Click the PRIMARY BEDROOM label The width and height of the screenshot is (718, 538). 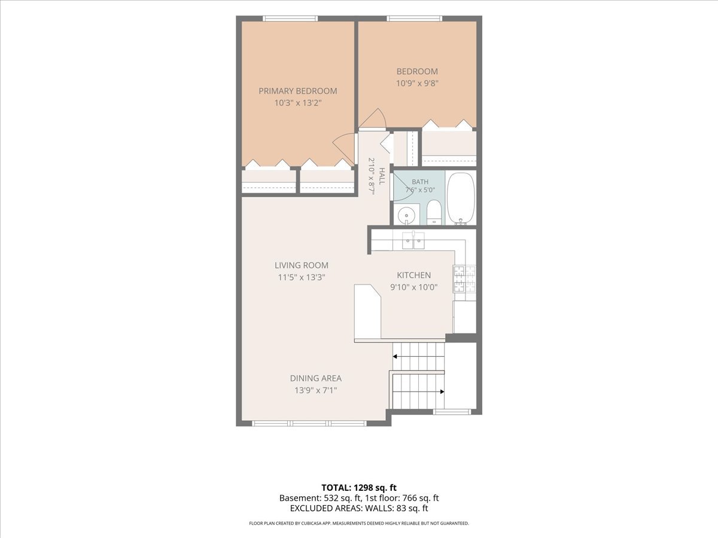click(297, 91)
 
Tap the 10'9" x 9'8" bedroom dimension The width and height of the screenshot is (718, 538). click(417, 83)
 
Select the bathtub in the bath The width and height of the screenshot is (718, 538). click(461, 198)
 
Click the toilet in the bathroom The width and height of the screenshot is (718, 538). click(434, 212)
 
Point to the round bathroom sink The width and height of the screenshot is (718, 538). click(407, 216)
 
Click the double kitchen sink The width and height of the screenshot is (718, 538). click(413, 240)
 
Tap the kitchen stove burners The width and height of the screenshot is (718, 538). click(464, 279)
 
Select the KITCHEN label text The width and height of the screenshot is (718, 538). click(414, 275)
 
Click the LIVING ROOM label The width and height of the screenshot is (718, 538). click(302, 265)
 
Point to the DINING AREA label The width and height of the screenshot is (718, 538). click(316, 378)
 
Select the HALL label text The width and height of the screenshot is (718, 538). click(382, 176)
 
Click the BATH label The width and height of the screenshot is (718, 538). click(420, 182)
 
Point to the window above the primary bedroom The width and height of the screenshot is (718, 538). click(290, 19)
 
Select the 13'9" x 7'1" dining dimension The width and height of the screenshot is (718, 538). click(316, 390)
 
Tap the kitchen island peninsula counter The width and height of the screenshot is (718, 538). click(367, 311)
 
